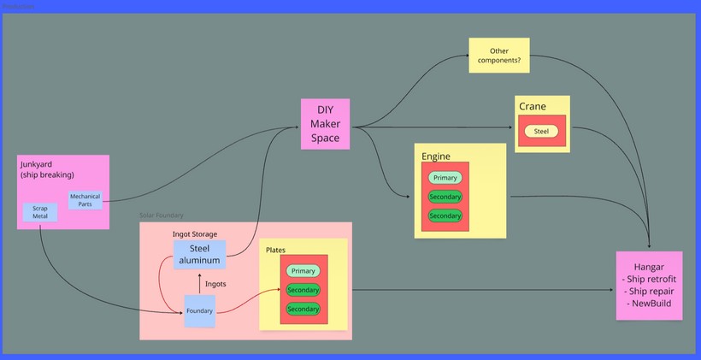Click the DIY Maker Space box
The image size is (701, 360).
click(326, 124)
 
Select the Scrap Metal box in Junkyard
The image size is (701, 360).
click(40, 213)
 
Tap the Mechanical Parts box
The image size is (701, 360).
click(85, 200)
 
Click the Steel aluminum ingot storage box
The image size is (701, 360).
click(199, 254)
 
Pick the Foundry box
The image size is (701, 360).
click(199, 310)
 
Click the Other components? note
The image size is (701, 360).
click(499, 56)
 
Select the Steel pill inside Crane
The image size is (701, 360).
click(541, 132)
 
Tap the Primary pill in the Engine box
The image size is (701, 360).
click(445, 178)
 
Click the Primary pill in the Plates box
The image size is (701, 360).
click(303, 271)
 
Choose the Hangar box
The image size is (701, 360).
click(650, 285)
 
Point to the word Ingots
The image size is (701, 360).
click(216, 284)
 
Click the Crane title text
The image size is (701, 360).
click(533, 106)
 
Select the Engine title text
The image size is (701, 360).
click(436, 156)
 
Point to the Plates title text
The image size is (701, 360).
click(275, 250)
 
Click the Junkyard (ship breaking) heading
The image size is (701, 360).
click(47, 168)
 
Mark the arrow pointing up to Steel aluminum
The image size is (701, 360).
click(199, 282)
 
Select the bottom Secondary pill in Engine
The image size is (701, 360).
click(445, 215)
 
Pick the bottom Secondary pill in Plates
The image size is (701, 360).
click(303, 309)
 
